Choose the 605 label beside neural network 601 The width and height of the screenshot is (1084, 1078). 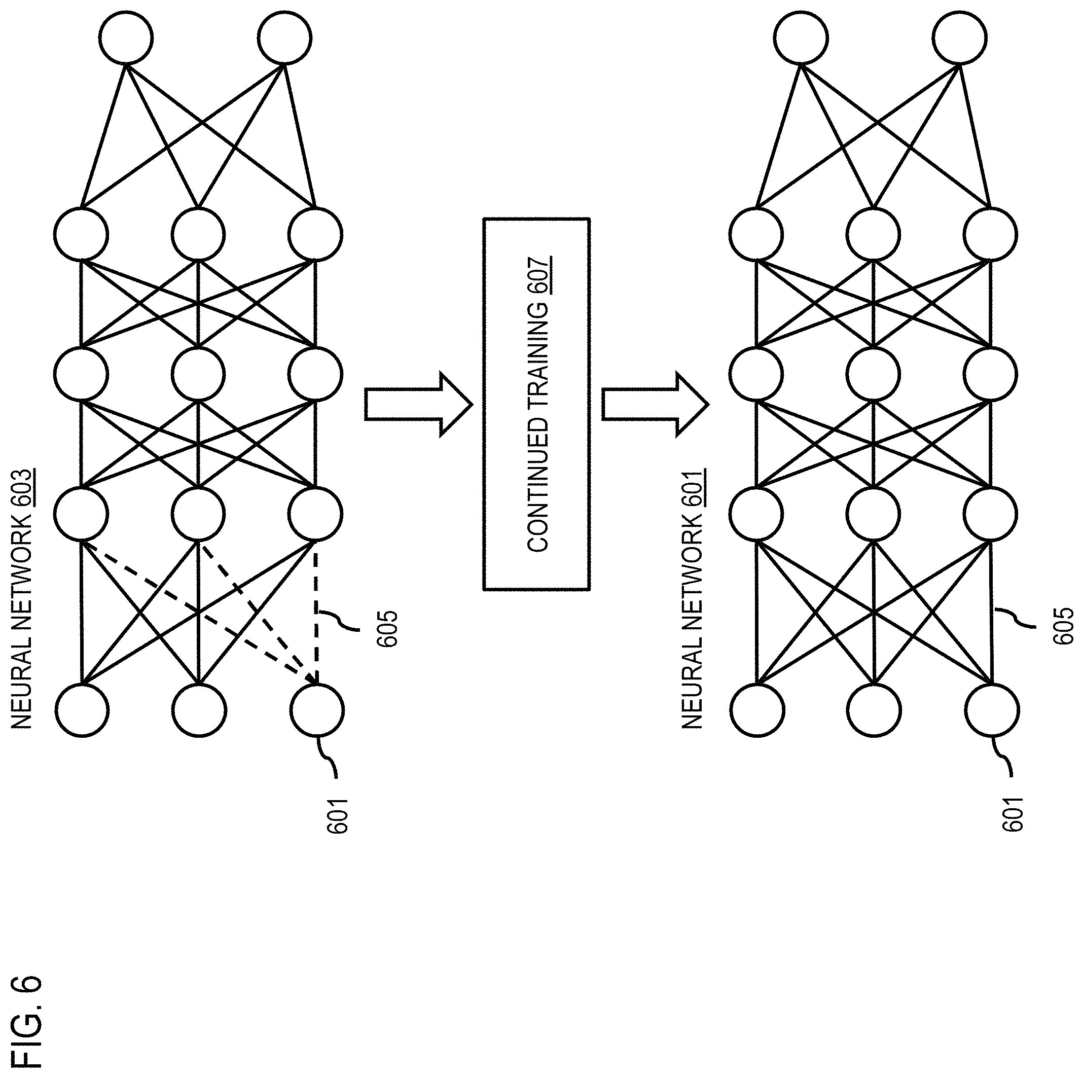click(1063, 629)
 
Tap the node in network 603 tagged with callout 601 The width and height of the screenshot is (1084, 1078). click(316, 710)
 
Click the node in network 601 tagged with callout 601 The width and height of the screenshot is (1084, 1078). click(991, 710)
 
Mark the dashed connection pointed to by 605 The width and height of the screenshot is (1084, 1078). click(316, 612)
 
